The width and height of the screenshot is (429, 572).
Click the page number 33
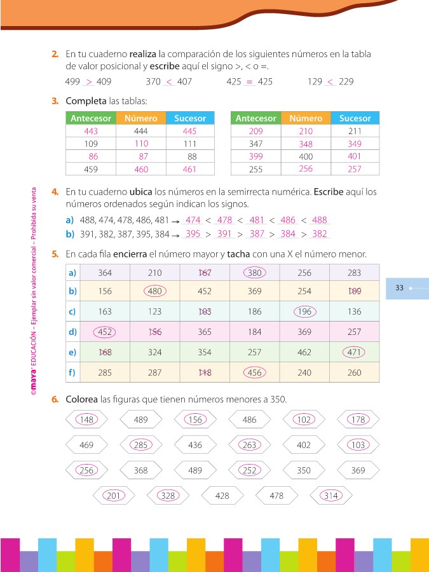[x=399, y=288]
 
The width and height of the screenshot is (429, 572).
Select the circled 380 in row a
[x=254, y=273]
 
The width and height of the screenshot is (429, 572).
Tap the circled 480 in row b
[x=154, y=292]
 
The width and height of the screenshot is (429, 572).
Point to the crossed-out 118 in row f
[x=205, y=373]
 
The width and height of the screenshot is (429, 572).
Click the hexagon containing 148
[x=87, y=419]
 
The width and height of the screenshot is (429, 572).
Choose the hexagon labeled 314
[x=330, y=496]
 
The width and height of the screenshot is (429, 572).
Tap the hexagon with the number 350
[x=304, y=470]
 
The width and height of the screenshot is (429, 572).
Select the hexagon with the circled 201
[x=114, y=496]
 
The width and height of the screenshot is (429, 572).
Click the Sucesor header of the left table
[x=190, y=118]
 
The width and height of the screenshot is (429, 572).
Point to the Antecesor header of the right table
[x=255, y=118]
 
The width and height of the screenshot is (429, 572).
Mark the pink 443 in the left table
[x=90, y=131]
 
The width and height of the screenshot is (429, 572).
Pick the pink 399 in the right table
[x=255, y=156]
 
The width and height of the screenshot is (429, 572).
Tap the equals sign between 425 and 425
[x=249, y=82]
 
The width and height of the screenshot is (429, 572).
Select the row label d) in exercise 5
[x=72, y=332]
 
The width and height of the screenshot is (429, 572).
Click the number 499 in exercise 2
[x=72, y=82]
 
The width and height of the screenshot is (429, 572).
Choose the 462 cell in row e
[x=304, y=352]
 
